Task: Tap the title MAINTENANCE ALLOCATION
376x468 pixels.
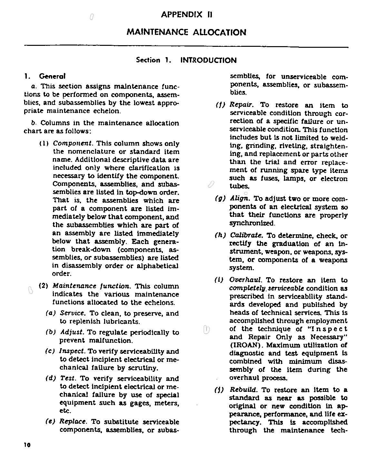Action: [x=186, y=32]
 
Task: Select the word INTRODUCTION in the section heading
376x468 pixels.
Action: [x=208, y=60]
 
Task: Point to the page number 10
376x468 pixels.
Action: [x=27, y=445]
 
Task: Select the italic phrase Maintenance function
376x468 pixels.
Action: [x=91, y=286]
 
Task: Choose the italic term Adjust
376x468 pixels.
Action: [x=72, y=332]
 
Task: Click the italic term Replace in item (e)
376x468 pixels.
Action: [x=73, y=422]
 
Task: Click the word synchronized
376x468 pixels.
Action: [x=252, y=223]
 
